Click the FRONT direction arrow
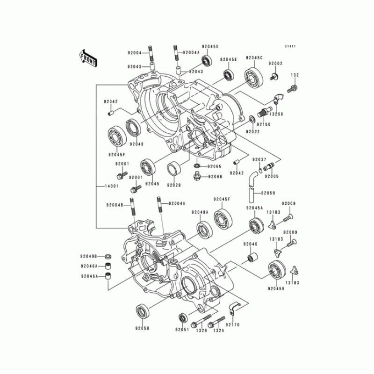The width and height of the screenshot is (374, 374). (88, 58)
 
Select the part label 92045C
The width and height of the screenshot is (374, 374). (255, 58)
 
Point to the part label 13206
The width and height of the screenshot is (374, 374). (276, 114)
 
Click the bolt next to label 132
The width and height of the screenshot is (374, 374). (294, 87)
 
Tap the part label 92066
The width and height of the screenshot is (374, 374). (214, 177)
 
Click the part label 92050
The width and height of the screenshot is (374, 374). (142, 328)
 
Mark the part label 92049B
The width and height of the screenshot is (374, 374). (88, 256)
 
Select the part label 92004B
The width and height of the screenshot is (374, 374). (114, 205)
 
